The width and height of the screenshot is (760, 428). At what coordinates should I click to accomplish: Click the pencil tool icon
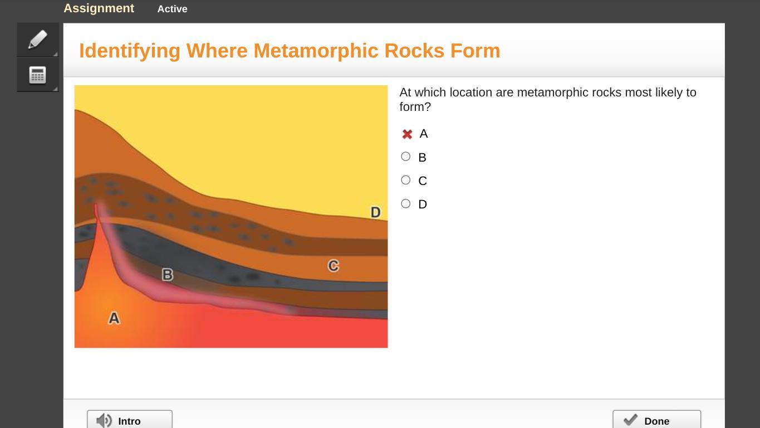pos(38,39)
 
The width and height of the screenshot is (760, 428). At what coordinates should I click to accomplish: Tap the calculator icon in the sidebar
pos(38,75)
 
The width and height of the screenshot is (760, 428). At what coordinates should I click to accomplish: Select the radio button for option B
pos(405,157)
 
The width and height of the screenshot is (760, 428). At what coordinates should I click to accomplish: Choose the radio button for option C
pos(405,180)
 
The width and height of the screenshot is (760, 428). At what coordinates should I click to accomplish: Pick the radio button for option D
pos(405,204)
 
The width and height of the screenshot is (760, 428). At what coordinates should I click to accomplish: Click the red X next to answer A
pos(407,134)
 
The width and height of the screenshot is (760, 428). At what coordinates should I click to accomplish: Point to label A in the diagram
pos(114,318)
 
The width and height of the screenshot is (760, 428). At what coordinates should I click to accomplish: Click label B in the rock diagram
pos(167,274)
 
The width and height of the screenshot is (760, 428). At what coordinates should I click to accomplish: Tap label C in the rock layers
pos(333,266)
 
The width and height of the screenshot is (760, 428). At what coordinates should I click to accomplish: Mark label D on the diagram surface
pos(375,212)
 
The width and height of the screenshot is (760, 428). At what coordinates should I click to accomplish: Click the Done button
pos(656,420)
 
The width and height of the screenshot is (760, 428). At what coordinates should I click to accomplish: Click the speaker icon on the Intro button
pos(104,421)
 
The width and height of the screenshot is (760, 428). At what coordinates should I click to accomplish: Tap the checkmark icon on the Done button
pos(630,420)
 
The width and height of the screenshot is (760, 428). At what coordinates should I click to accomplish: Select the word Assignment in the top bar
pos(99,8)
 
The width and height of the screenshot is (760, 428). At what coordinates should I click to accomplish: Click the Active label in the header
pos(173,9)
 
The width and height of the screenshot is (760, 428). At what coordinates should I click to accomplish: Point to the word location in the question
pos(471,93)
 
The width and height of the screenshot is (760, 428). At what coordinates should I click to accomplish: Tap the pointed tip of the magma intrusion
pos(96,204)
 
